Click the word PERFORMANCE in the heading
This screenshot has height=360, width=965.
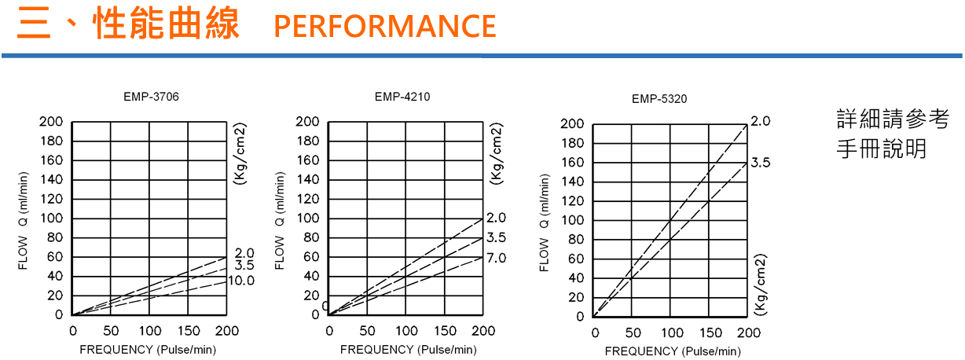[x=385, y=26]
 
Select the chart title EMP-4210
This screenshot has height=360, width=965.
[x=402, y=97]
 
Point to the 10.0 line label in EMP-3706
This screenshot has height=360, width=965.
[x=241, y=281]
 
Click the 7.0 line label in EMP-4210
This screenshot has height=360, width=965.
[x=497, y=258]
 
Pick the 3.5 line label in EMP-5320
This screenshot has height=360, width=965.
[x=761, y=163]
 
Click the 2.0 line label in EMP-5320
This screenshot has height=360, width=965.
[x=761, y=121]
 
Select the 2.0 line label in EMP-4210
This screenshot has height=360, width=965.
[x=497, y=218]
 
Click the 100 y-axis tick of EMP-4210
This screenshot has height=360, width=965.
[x=308, y=218]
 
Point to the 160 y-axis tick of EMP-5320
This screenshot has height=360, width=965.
[x=573, y=163]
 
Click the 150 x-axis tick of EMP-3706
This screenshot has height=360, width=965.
[x=189, y=331]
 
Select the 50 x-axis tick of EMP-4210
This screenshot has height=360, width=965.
[x=368, y=331]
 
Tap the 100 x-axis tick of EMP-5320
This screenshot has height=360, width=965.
[x=671, y=333]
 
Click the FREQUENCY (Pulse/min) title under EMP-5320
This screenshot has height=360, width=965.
[x=673, y=351]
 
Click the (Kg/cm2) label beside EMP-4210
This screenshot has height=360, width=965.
[x=496, y=153]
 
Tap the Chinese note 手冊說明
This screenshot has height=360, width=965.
[x=881, y=149]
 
